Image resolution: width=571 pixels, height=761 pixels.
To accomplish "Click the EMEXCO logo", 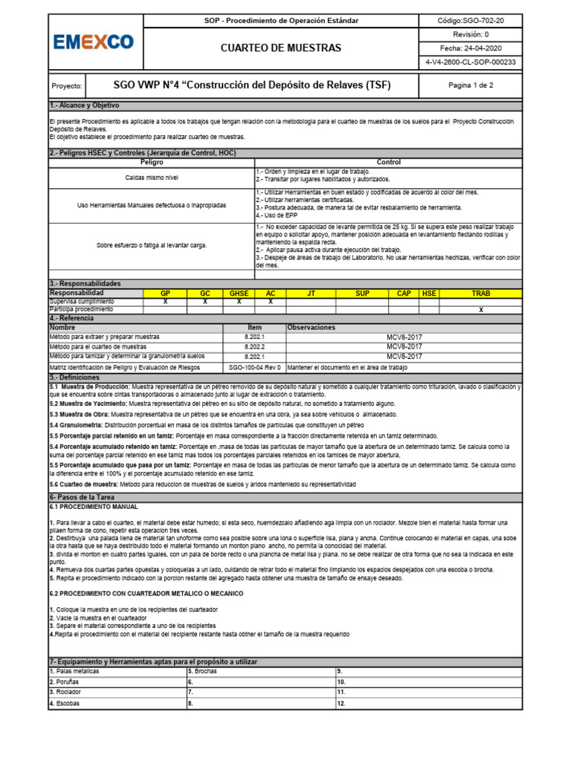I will click(93, 42).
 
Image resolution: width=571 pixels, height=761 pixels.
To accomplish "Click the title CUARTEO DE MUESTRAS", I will click(281, 48).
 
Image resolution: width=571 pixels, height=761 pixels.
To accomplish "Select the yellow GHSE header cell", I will click(239, 294).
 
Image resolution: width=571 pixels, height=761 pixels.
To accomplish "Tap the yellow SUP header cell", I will click(362, 294).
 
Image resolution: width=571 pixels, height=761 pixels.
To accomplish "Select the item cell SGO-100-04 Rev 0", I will click(254, 367).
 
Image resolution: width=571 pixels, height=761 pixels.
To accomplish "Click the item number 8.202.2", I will click(254, 346).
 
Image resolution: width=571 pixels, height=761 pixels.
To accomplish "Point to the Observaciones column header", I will click(312, 327).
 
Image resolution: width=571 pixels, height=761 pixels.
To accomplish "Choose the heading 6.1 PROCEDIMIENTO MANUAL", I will click(94, 506).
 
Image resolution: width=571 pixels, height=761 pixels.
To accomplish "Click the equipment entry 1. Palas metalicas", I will click(74, 671).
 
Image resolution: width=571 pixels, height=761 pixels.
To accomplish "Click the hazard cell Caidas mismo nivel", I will click(152, 178).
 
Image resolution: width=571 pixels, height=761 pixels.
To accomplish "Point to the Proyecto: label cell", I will click(65, 85).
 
